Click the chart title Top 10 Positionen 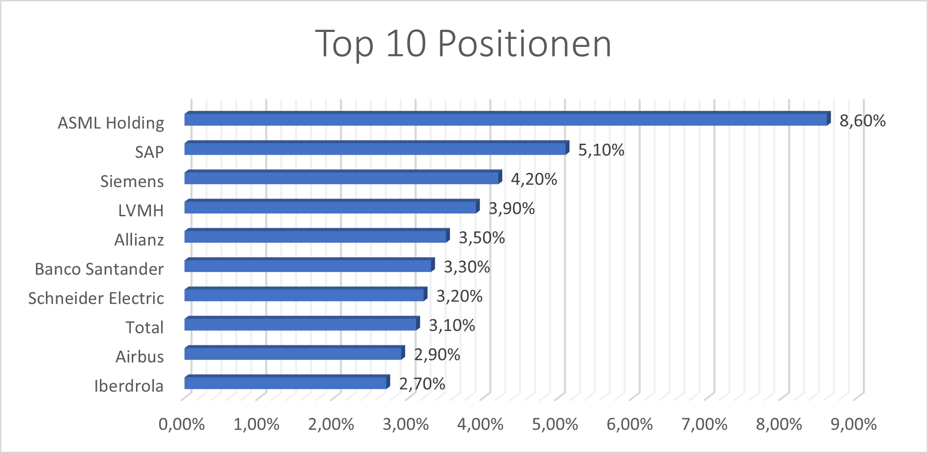pos(463,44)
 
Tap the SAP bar pos(375,149)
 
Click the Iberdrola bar pos(286,383)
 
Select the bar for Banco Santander pos(308,266)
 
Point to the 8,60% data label pos(862,121)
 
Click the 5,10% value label pos(601,150)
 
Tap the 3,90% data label pos(511,208)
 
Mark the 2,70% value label pos(422,384)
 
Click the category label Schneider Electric pos(96,298)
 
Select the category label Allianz pos(139,240)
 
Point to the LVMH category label pos(141,211)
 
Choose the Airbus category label pos(139,357)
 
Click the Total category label pos(144,328)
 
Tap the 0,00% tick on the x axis pos(181,425)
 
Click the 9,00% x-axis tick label pos(853,425)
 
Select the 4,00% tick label pos(480,425)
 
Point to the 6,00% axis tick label pos(629,425)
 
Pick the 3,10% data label pos(452,326)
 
